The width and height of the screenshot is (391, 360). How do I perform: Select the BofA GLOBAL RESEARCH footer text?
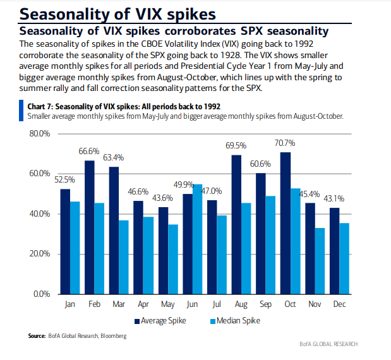(x=328, y=344)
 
